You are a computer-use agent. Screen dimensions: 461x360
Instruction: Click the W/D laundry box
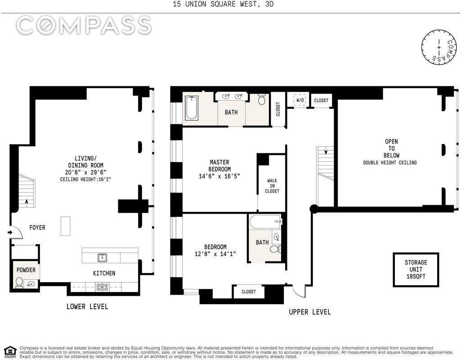[x=300, y=100]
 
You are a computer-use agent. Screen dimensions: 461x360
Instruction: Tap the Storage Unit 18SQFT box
[x=416, y=270]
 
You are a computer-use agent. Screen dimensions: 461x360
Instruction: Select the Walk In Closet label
[x=272, y=186]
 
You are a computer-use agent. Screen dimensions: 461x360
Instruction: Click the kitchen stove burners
[x=102, y=287]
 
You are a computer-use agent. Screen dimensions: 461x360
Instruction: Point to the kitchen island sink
[x=102, y=258]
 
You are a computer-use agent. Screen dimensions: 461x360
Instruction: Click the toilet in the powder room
[x=19, y=282]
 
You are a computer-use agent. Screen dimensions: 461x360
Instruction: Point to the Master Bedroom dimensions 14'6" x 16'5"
[x=219, y=176]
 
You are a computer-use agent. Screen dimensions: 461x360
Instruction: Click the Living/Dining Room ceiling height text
[x=85, y=179]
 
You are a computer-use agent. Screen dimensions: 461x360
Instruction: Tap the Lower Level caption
[x=87, y=306]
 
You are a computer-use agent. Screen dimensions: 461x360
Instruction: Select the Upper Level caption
[x=310, y=312]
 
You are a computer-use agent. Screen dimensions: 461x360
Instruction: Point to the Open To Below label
[x=391, y=148]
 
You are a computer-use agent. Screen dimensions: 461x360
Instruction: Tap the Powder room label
[x=26, y=270]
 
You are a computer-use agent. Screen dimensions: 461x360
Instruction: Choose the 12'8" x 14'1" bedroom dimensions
[x=215, y=254]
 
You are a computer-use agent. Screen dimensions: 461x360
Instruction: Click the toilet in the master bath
[x=262, y=100]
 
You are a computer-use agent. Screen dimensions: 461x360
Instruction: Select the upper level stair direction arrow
[x=326, y=152]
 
